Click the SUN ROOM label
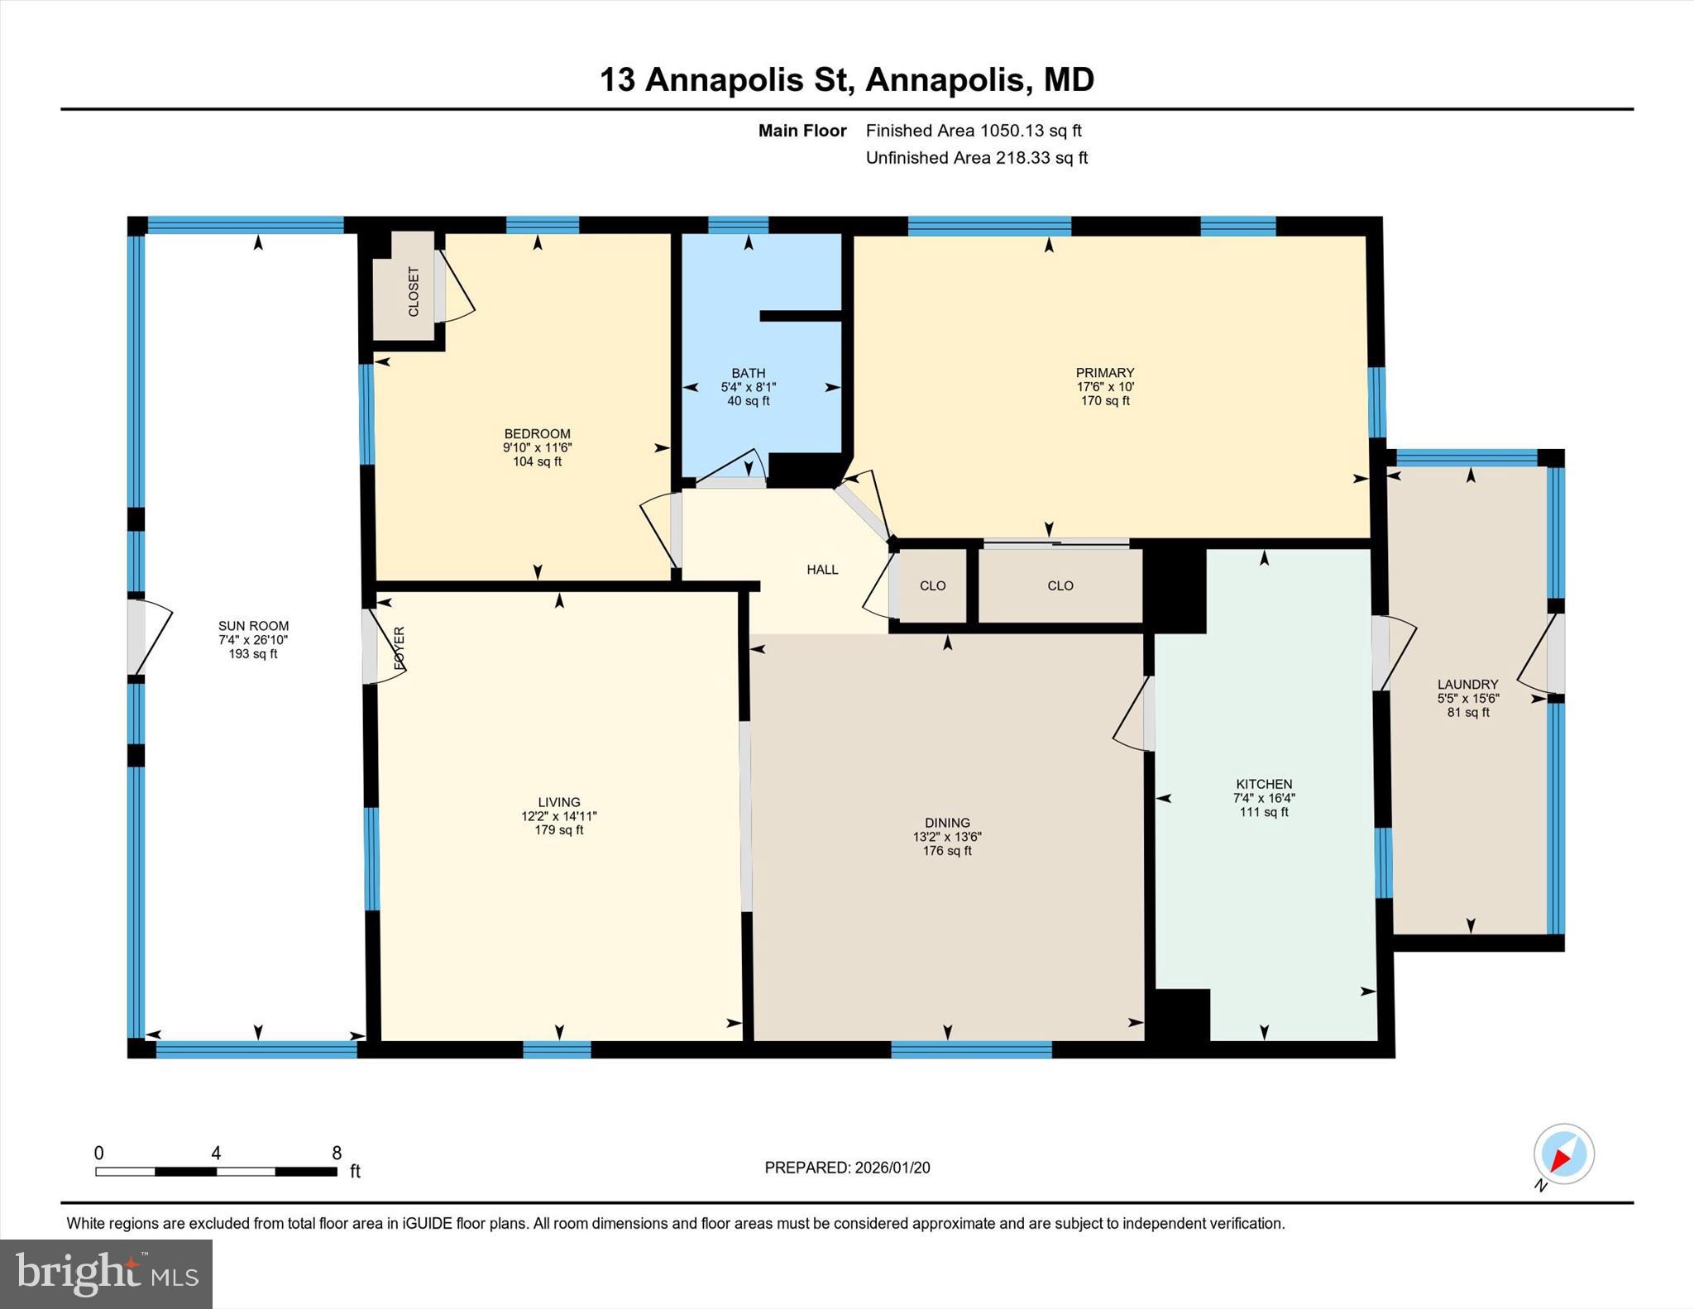pos(253,626)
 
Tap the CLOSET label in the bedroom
pos(414,291)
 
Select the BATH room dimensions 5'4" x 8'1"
pos(748,387)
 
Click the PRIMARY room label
pos(1104,373)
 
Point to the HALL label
pos(822,570)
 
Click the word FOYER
pos(400,647)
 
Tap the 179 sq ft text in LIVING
pos(558,830)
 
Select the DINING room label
pos(947,823)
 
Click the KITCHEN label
pos(1263,784)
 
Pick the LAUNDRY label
pos(1467,684)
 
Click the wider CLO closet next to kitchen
pos(1060,585)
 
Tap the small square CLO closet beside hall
pos(932,585)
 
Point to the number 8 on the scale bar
pos(337,1153)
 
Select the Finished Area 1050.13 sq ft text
pos(974,131)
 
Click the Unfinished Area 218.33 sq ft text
pos(976,158)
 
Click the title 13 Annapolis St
pos(725,80)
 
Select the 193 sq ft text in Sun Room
pos(253,654)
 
